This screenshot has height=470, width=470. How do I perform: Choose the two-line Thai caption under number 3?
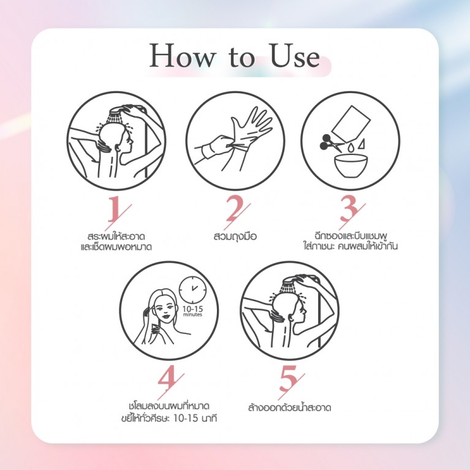tap(350, 241)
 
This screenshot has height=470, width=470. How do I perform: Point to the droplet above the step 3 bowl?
tap(349, 147)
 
